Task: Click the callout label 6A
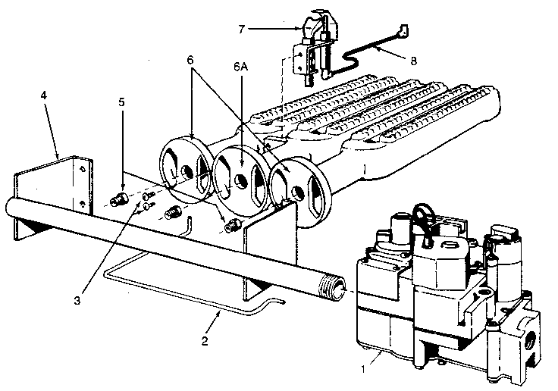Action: click(x=240, y=67)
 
